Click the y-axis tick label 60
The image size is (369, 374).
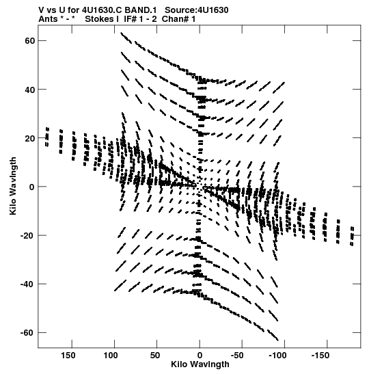click(x=30, y=41)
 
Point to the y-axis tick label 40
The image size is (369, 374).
click(x=30, y=90)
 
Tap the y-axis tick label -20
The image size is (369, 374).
click(x=27, y=236)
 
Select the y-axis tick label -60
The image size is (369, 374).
click(x=27, y=333)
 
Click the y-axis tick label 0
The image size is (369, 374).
click(x=32, y=187)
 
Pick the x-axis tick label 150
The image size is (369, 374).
click(x=68, y=356)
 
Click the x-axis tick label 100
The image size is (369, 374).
click(x=111, y=356)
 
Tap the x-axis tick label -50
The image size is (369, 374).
click(x=237, y=356)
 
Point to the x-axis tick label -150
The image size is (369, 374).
click(x=320, y=356)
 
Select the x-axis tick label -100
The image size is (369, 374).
click(x=277, y=356)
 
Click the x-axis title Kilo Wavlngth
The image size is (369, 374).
click(x=200, y=364)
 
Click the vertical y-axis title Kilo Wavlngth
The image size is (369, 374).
click(x=13, y=186)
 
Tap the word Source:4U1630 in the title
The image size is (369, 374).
click(x=197, y=10)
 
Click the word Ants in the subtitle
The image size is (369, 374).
click(x=49, y=19)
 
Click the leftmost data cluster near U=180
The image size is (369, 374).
click(x=47, y=137)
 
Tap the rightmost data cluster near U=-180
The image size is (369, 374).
click(x=352, y=236)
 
